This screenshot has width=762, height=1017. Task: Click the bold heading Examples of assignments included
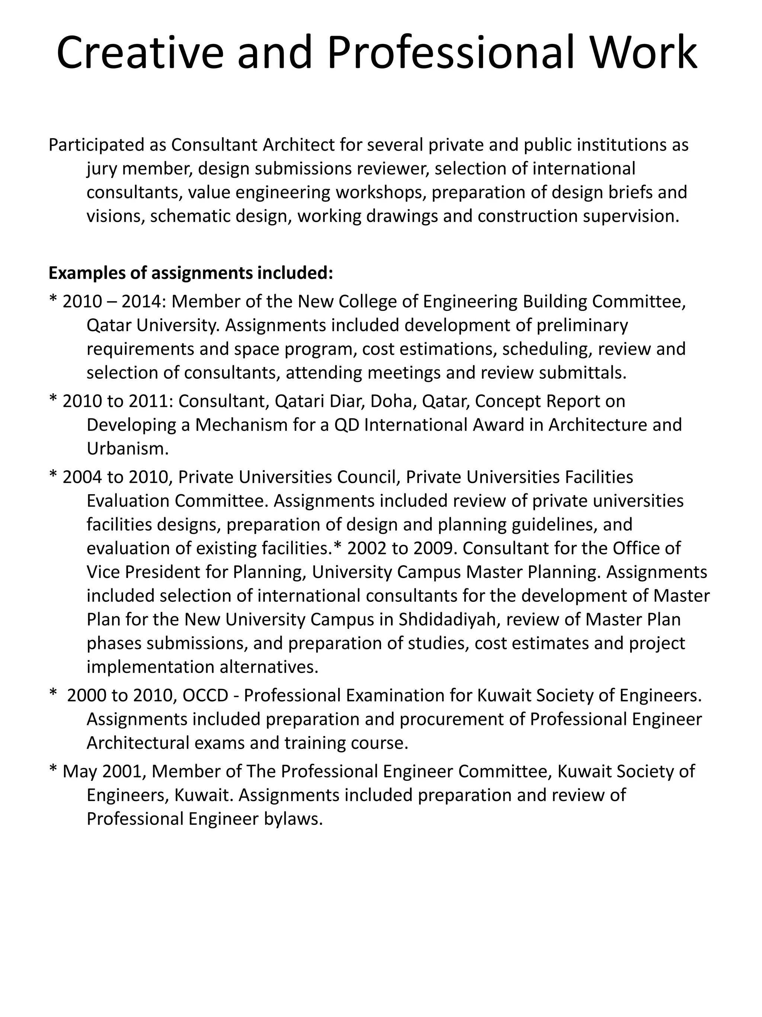190,273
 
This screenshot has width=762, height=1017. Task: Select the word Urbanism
128,449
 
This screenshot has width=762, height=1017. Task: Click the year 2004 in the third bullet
82,477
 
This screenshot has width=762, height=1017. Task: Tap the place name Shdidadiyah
448,619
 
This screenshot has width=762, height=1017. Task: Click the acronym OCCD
205,695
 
